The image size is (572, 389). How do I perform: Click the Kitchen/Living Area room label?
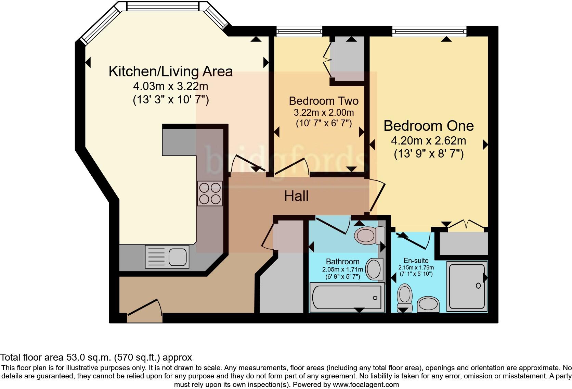170,71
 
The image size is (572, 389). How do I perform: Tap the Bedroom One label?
428,126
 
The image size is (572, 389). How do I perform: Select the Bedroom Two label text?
323,101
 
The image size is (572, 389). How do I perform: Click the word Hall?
296,196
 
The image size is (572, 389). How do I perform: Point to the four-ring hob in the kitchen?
210,193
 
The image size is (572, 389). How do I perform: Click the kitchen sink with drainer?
167,256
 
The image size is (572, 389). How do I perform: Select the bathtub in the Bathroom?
346,297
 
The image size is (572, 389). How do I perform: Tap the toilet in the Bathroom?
369,235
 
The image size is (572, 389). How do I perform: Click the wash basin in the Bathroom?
374,269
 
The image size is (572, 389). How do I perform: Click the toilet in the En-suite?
405,296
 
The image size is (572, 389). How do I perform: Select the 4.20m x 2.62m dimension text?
428,141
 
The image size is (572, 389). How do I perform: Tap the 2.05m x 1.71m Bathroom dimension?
342,269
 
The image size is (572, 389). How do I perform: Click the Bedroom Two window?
299,32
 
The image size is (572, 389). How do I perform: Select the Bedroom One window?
429,32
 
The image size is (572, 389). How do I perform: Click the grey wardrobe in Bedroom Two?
349,59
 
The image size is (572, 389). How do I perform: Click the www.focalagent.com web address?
365,385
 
